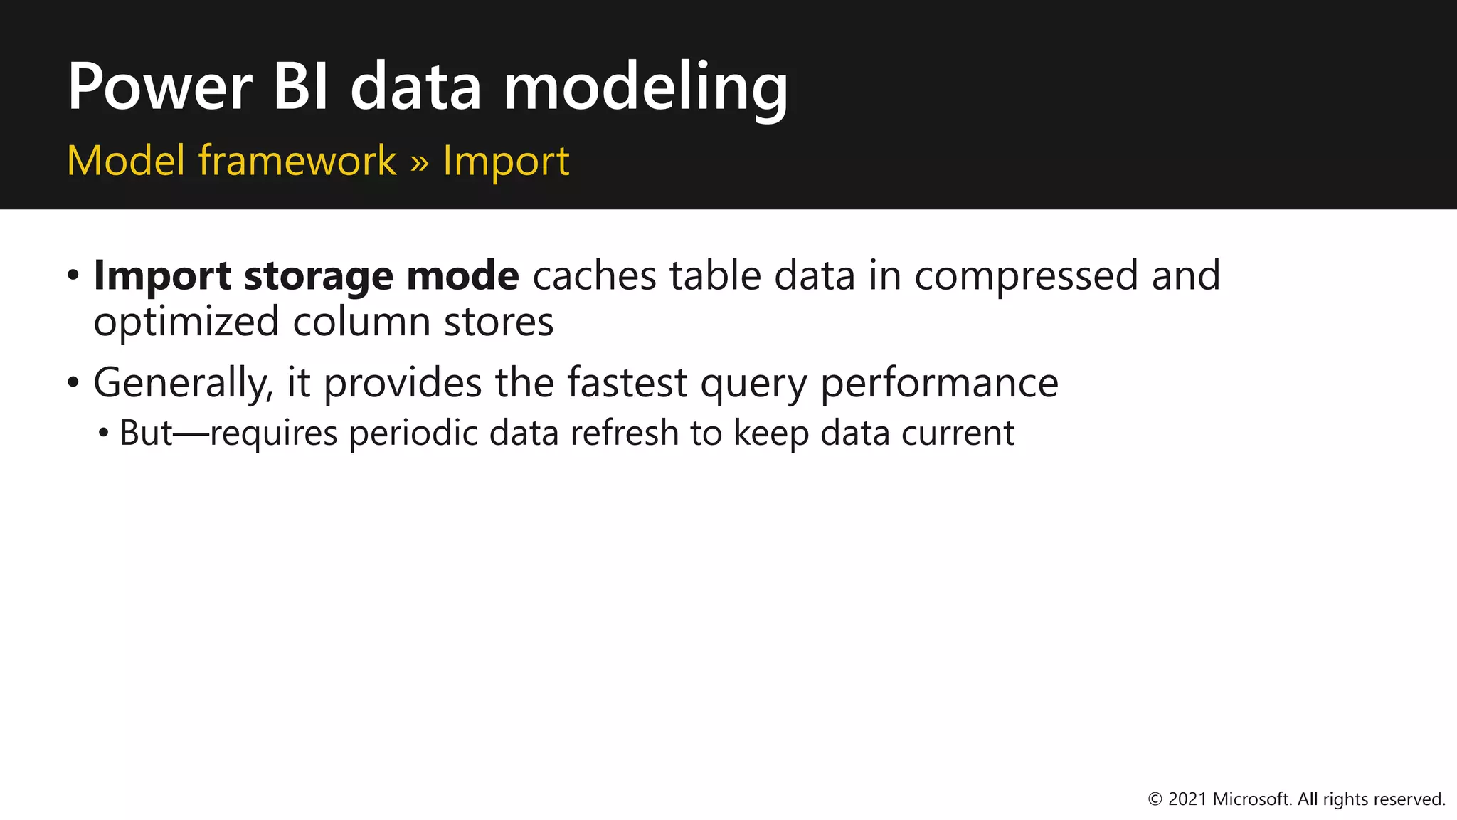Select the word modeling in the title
645,89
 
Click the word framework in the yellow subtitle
297,160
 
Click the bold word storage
318,276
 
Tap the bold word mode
462,275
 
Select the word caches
594,275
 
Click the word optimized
186,322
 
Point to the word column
361,322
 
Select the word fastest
627,382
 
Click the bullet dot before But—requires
105,432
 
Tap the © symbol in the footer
1155,799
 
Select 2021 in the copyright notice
1187,799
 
